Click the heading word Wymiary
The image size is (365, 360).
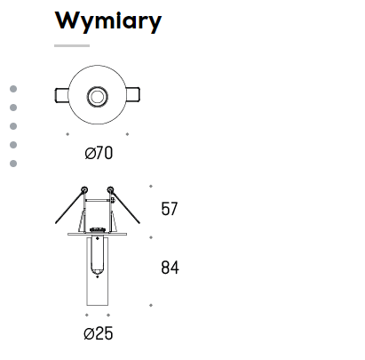[x=108, y=21]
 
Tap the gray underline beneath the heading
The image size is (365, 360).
[x=72, y=45]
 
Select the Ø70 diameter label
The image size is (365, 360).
[x=99, y=153]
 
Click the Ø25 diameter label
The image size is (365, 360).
[x=99, y=333]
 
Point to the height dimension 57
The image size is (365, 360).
[x=170, y=209]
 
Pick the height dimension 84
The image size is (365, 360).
[x=170, y=268]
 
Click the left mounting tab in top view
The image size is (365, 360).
[x=62, y=95]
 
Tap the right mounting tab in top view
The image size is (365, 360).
[x=133, y=95]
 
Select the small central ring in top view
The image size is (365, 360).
[x=98, y=96]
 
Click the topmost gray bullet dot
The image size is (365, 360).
[x=13, y=89]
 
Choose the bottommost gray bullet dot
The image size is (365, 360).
[x=13, y=164]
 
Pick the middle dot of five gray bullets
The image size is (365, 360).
[x=13, y=126]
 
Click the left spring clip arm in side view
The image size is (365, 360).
[x=69, y=207]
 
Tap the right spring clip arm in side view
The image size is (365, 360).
[x=125, y=207]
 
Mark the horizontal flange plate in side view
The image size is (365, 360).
[x=98, y=234]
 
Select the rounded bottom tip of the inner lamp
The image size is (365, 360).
[x=98, y=271]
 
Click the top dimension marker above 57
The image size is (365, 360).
[x=151, y=186]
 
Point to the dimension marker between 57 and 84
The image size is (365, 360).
[x=151, y=237]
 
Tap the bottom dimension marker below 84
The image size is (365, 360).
[x=151, y=305]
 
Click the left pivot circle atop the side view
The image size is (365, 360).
[x=84, y=189]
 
